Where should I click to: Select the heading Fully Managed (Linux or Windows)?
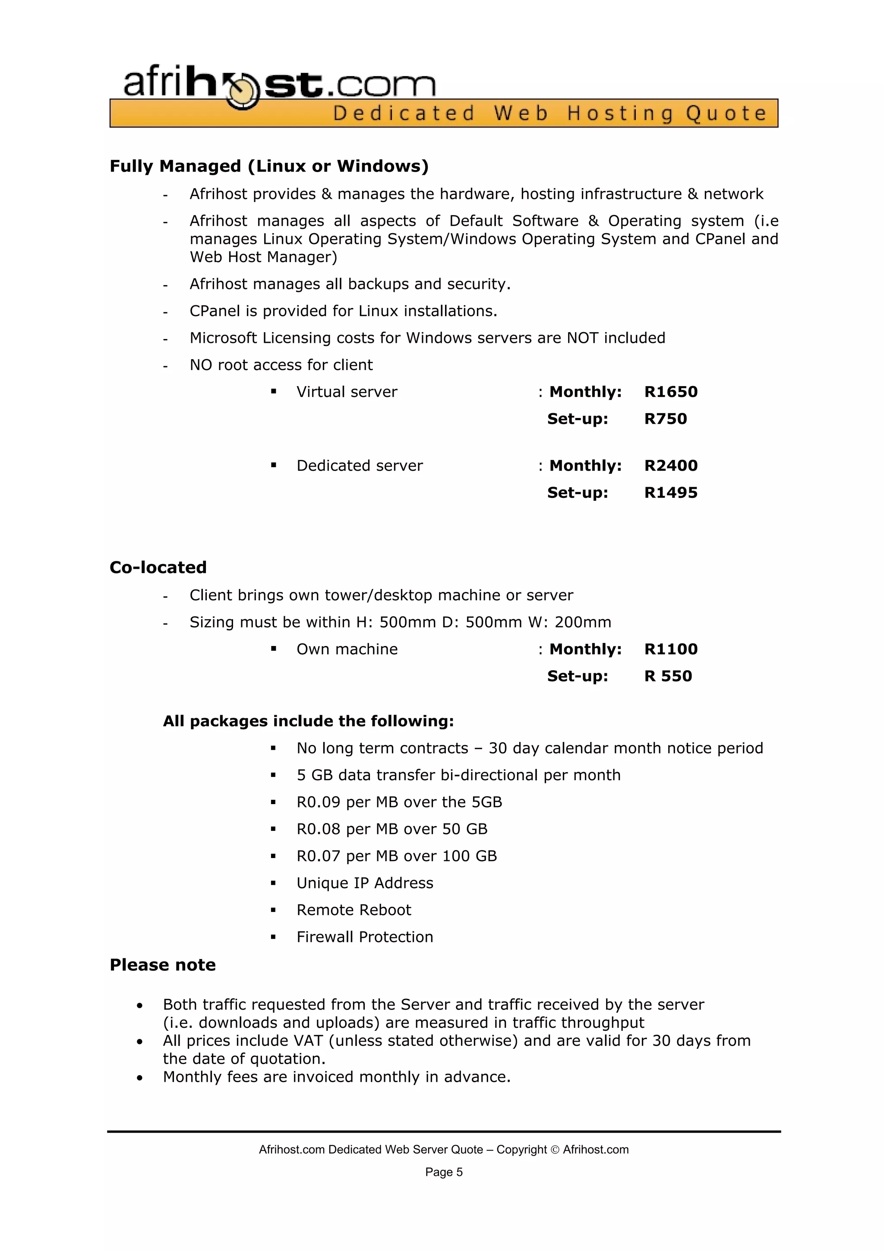pos(269,166)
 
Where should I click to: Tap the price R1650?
pos(670,392)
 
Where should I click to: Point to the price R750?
pos(665,418)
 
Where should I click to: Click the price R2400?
pos(670,466)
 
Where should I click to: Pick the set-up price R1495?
pos(670,493)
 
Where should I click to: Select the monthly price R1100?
pos(670,649)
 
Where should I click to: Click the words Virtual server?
pos(347,392)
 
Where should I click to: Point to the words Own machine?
pos(347,649)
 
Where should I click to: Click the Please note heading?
pos(162,965)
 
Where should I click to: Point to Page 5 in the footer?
pos(444,1172)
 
